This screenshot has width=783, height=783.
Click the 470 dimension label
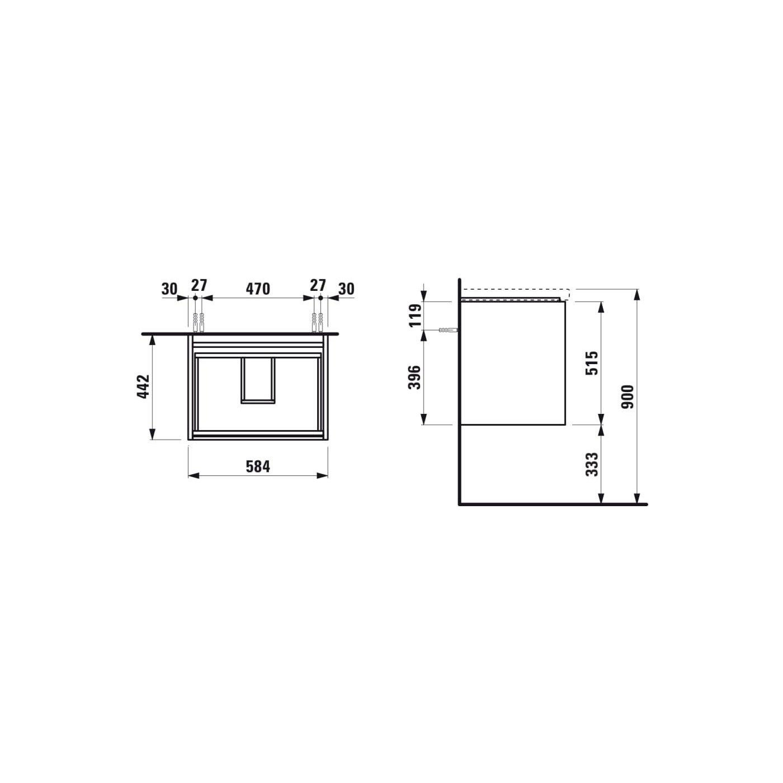pyautogui.click(x=258, y=289)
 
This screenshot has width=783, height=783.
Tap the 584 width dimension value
pyautogui.click(x=258, y=466)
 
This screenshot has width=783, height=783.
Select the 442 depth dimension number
pyautogui.click(x=144, y=386)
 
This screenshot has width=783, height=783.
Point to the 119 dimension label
pyautogui.click(x=414, y=316)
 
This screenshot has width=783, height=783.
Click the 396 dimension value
pyautogui.click(x=414, y=378)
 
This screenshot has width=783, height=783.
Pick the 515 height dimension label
pyautogui.click(x=592, y=363)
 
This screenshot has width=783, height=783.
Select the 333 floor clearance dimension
pyautogui.click(x=592, y=464)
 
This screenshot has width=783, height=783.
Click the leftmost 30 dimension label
pyautogui.click(x=169, y=289)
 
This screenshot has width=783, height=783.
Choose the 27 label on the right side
pyautogui.click(x=318, y=285)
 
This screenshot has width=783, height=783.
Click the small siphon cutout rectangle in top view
pyautogui.click(x=258, y=380)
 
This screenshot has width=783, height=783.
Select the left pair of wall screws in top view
pyautogui.click(x=198, y=323)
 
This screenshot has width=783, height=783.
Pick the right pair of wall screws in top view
pyautogui.click(x=318, y=323)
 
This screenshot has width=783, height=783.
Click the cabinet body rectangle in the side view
pyautogui.click(x=513, y=364)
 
